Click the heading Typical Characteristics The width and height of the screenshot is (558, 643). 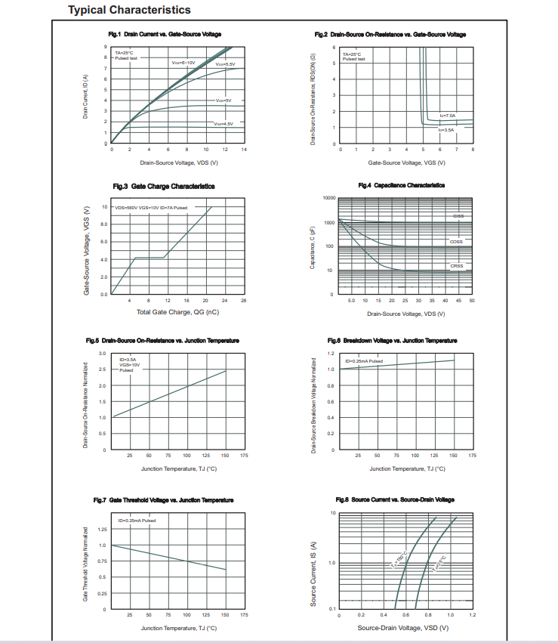(128, 10)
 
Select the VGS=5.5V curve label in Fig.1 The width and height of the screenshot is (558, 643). (225, 65)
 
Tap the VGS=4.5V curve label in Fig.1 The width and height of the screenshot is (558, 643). (224, 123)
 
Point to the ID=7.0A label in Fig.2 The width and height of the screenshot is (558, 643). (447, 115)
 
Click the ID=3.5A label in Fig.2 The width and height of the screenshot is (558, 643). (446, 130)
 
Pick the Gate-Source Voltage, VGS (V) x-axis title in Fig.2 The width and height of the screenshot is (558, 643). (406, 162)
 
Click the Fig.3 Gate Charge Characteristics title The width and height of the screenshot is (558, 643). (163, 186)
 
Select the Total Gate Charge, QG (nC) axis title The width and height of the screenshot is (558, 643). (177, 311)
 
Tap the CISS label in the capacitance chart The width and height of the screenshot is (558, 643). (458, 216)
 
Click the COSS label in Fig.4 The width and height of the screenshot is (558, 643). (456, 242)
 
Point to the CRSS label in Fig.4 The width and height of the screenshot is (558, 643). (457, 266)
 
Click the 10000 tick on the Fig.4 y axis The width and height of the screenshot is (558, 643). (328, 198)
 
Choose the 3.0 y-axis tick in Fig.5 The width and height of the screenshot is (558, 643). (102, 354)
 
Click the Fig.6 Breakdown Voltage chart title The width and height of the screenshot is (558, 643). (392, 341)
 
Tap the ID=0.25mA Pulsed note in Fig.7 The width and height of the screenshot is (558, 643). (137, 521)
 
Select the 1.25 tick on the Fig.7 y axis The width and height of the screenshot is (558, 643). (101, 529)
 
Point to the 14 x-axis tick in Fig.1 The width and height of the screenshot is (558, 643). (244, 150)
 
